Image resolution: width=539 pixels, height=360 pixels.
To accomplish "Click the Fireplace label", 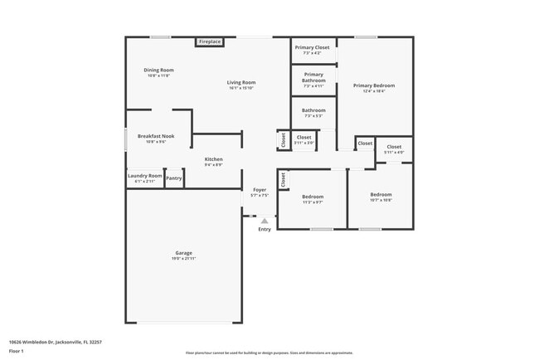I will (x=209, y=41).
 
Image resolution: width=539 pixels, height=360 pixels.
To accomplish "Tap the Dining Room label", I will (x=158, y=71).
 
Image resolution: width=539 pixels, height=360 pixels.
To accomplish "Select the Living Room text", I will (x=242, y=82).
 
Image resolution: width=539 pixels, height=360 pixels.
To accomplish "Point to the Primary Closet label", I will (x=313, y=48).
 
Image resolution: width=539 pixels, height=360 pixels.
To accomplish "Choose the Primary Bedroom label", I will (x=373, y=85).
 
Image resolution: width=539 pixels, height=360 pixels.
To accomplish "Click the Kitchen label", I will (x=214, y=159).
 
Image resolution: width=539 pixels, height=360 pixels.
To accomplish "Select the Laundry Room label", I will (x=144, y=176).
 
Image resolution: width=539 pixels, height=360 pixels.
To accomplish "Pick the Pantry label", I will (x=174, y=178).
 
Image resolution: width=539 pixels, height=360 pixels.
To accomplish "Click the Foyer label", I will (x=260, y=190).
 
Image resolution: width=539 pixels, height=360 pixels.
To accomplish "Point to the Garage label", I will (x=183, y=253).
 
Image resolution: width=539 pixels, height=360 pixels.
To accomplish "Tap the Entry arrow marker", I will (x=264, y=221).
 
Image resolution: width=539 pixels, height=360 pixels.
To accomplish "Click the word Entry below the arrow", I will (x=264, y=230).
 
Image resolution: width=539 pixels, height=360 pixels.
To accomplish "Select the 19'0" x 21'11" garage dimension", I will (x=183, y=259).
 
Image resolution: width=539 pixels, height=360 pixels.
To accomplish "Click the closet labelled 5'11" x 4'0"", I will (x=394, y=149).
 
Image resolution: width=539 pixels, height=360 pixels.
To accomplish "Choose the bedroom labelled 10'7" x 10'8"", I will (x=381, y=197).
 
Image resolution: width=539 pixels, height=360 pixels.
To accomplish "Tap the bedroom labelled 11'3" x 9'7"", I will (x=312, y=199).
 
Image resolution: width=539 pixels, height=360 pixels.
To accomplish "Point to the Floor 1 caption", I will (x=17, y=352).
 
